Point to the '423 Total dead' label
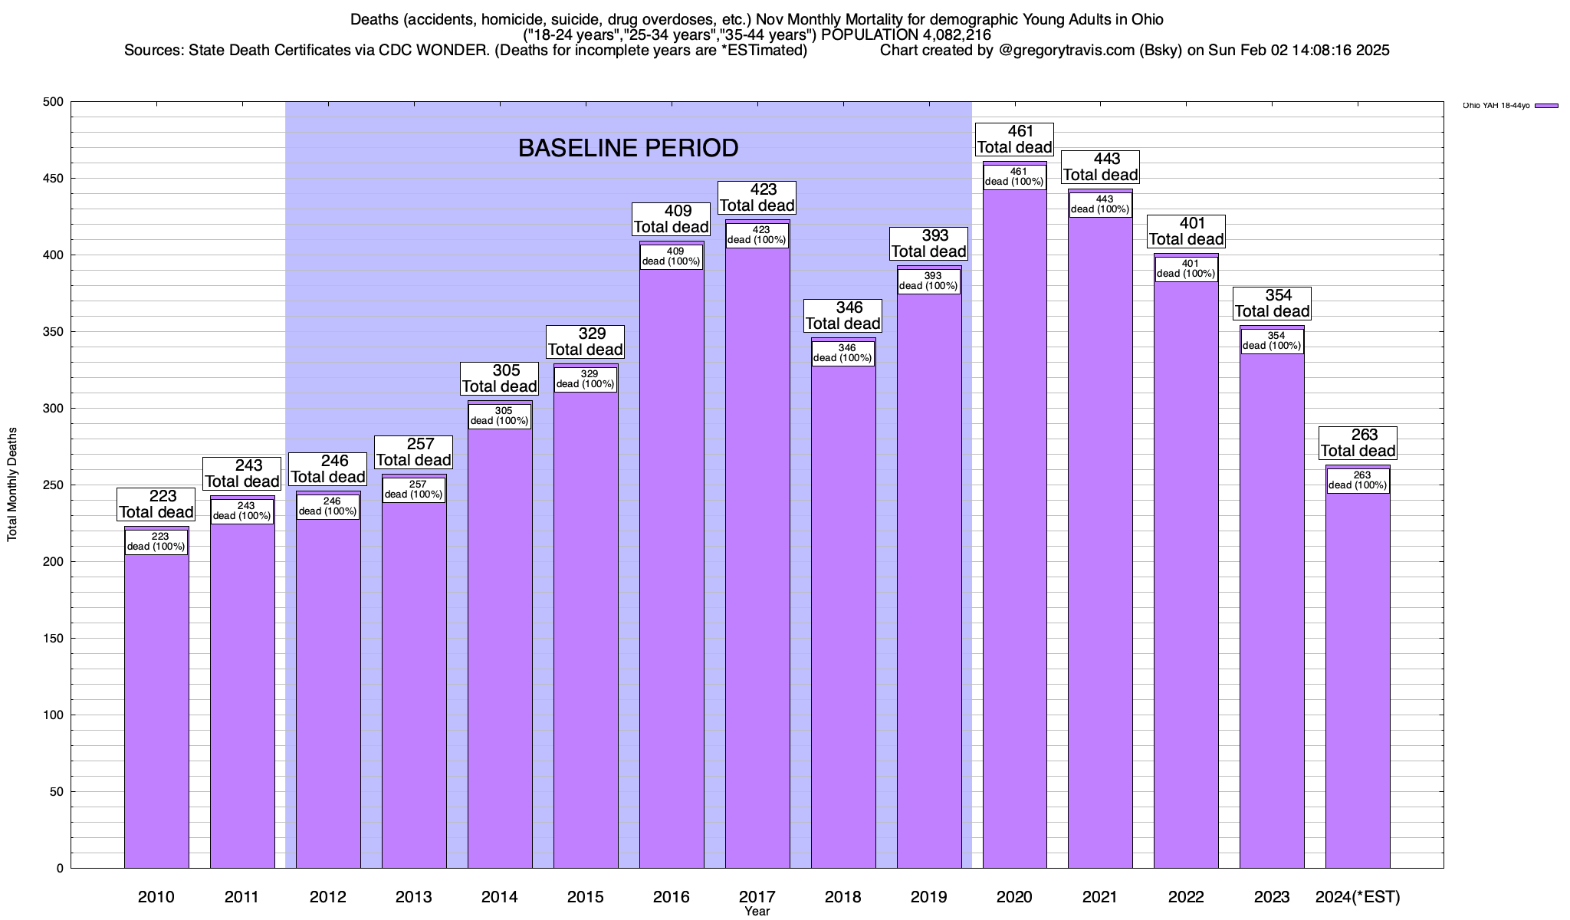(757, 198)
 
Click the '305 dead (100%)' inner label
(500, 416)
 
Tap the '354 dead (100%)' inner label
(1272, 341)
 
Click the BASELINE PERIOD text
(628, 148)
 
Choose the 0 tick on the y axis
(60, 869)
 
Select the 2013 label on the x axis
(414, 897)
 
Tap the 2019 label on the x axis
(929, 897)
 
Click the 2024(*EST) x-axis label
(1358, 897)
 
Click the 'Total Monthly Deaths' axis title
(12, 485)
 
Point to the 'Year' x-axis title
(757, 912)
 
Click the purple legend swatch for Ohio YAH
(1547, 106)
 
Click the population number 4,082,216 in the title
(951, 35)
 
